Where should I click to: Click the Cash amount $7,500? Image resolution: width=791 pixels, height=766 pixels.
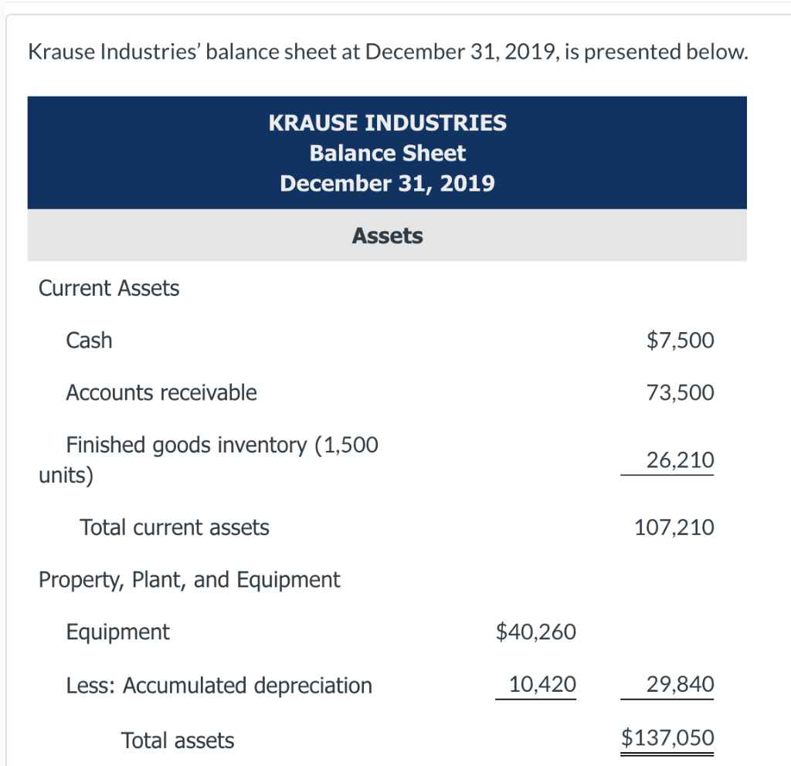point(681,341)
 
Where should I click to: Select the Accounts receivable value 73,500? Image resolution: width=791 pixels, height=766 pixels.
point(681,393)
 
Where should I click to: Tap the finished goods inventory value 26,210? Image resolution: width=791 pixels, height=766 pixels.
point(681,460)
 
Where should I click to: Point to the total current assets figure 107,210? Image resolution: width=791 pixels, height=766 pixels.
point(674,528)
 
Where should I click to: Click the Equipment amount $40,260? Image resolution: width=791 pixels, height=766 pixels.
point(535,632)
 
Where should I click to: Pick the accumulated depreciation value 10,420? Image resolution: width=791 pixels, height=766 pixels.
point(542,684)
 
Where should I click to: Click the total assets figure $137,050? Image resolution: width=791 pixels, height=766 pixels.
point(668,738)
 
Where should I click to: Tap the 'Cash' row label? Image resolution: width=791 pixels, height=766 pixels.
point(89,341)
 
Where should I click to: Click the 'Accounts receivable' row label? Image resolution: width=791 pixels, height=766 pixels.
point(161,393)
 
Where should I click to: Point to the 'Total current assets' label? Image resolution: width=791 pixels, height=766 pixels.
point(175,528)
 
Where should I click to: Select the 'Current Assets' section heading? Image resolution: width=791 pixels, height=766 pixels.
point(109,289)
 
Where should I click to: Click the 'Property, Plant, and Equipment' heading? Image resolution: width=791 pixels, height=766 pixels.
point(189,580)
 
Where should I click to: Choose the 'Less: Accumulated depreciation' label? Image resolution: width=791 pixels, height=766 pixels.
point(219,685)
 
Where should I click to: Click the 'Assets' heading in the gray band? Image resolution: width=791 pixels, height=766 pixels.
point(387,236)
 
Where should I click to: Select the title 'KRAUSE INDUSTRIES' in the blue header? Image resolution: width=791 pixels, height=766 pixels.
point(387,123)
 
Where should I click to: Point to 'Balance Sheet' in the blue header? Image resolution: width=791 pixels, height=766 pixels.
point(387,153)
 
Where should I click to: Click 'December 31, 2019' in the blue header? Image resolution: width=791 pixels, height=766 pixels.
point(387,184)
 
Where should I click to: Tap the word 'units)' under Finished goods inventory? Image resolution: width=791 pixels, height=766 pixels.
point(66,474)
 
